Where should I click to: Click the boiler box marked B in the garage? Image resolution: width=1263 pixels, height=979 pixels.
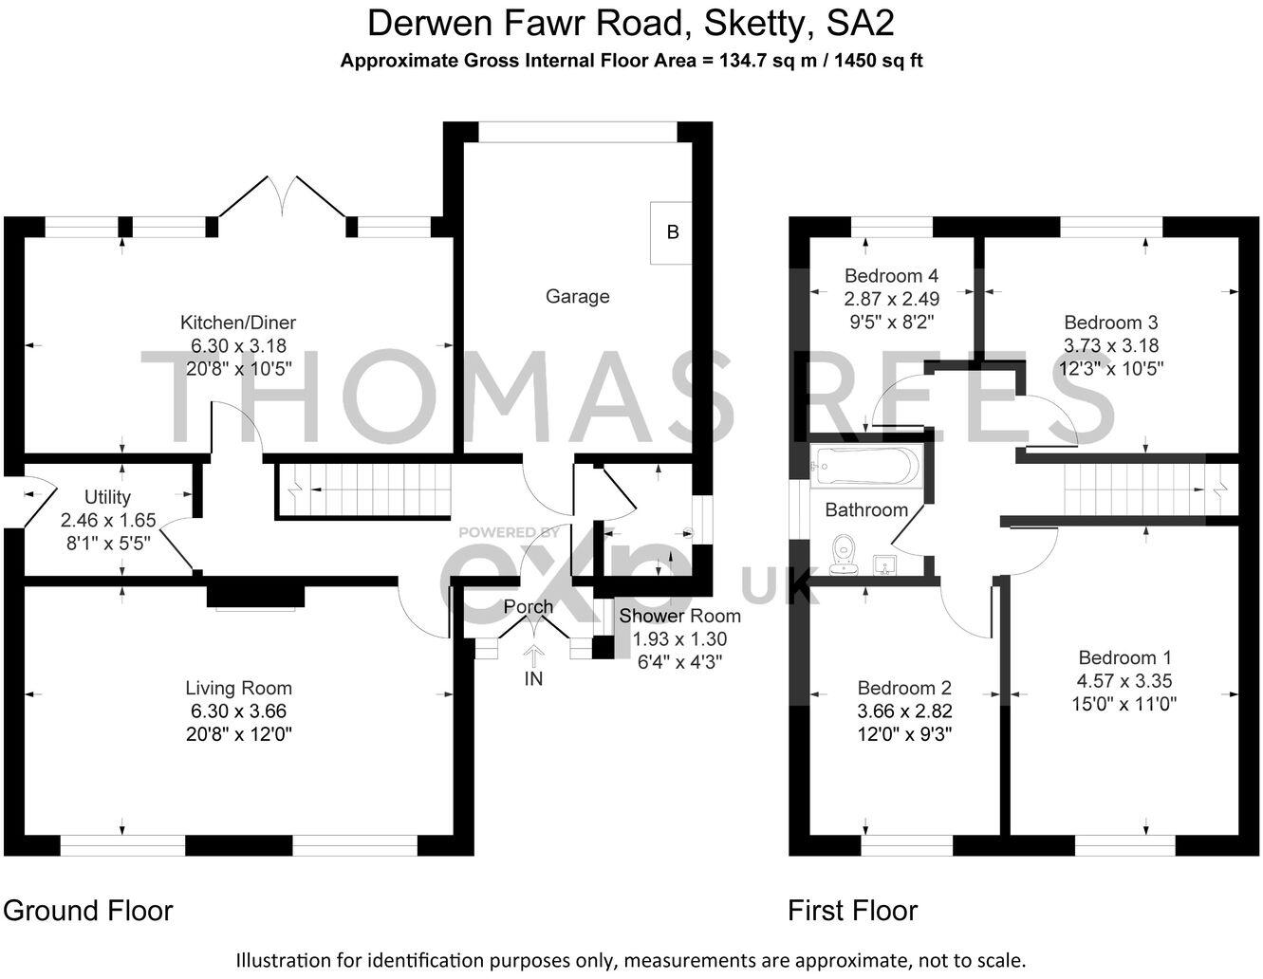(671, 232)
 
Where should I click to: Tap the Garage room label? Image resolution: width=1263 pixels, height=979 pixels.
(577, 297)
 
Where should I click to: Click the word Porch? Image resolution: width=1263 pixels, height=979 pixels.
(529, 607)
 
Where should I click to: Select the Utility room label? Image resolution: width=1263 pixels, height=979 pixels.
(107, 497)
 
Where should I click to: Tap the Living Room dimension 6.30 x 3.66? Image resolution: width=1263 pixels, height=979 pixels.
(238, 711)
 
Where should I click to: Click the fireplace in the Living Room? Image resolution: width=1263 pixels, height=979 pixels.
(256, 596)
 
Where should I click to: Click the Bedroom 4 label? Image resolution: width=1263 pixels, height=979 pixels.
(891, 276)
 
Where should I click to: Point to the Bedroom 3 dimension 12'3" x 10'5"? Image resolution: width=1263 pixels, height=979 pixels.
(1110, 368)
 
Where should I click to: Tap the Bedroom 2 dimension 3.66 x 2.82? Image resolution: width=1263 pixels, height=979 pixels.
(903, 711)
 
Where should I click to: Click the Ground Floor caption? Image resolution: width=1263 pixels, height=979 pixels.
(88, 911)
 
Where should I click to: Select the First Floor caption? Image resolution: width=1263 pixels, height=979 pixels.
(852, 911)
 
